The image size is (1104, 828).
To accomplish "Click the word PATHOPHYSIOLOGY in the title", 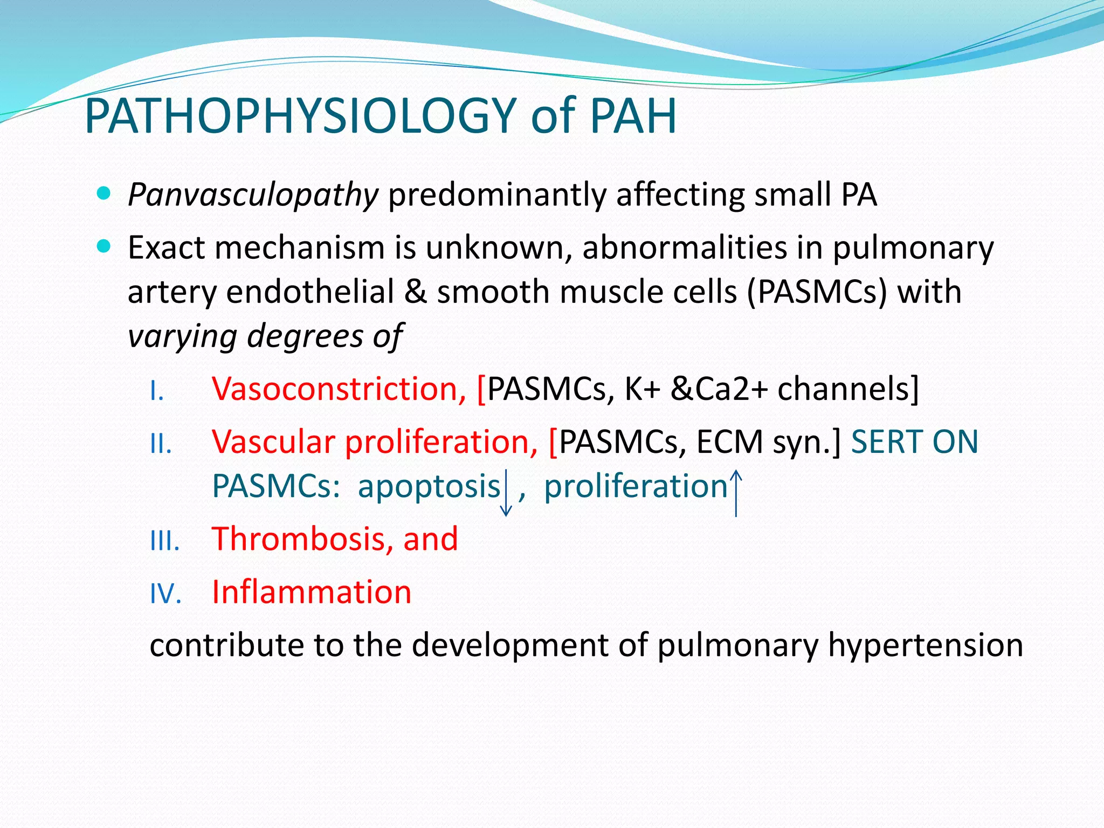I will [301, 116].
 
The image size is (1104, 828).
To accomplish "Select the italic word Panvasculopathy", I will [253, 195].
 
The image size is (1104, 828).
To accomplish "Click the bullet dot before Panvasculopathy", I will [103, 194].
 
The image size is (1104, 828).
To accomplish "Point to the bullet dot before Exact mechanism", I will [103, 247].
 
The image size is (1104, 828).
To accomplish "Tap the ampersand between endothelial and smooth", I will [415, 292].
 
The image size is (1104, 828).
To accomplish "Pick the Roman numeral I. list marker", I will [157, 391].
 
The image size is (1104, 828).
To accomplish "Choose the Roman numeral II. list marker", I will [161, 445].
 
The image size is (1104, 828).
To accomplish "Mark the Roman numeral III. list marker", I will [164, 541].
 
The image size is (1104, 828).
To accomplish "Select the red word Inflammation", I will [312, 592].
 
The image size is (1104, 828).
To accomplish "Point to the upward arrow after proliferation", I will [736, 492].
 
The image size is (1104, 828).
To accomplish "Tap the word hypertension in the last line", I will [925, 645].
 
